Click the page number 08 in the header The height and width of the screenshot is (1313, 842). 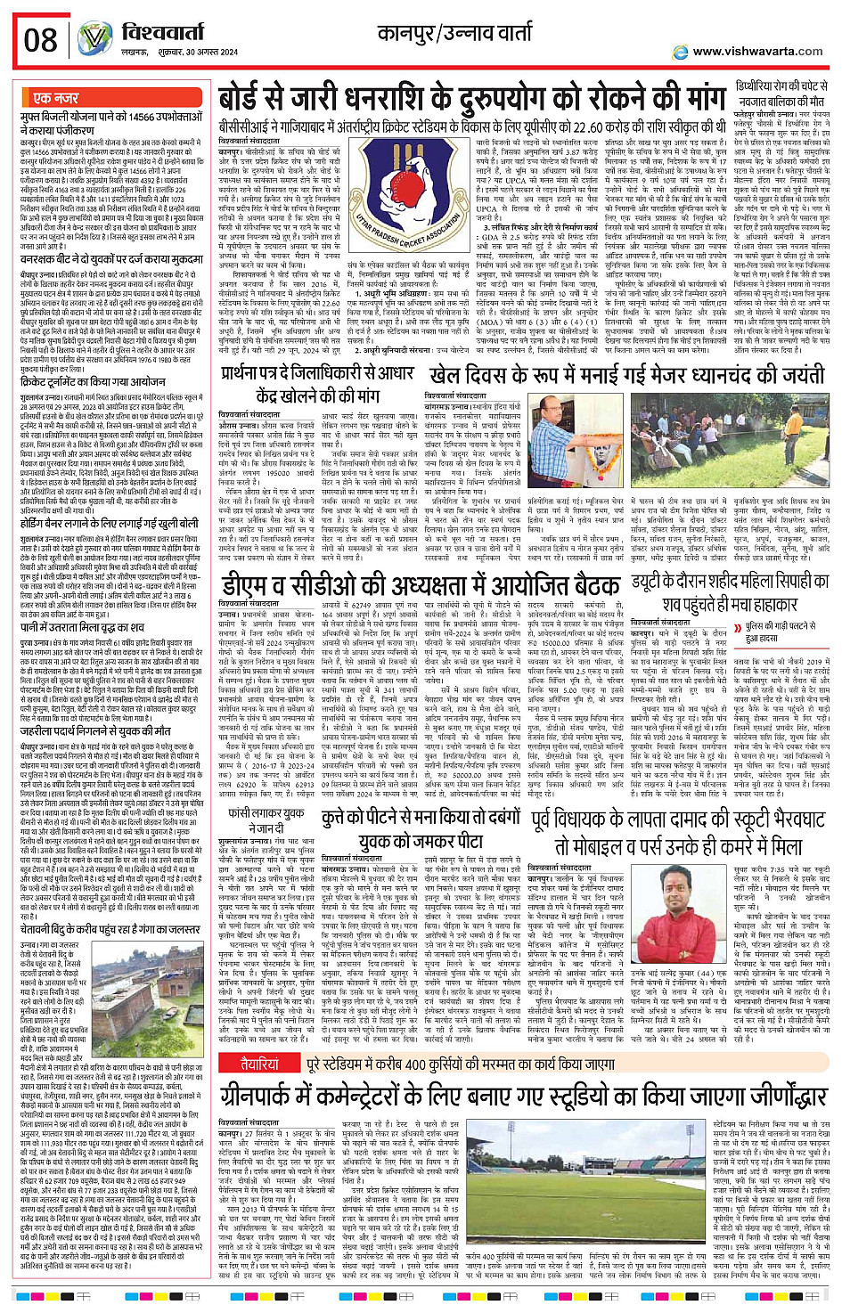point(41,40)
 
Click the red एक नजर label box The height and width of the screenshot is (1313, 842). point(57,98)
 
